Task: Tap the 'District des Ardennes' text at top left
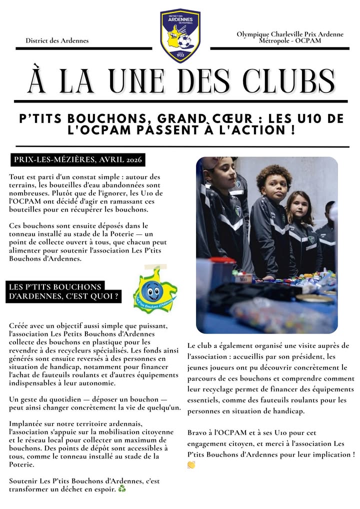(x=57, y=40)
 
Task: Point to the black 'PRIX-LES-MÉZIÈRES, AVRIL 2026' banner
(x=78, y=160)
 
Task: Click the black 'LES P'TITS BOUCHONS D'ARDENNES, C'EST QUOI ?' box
(x=63, y=291)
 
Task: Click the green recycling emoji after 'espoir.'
(x=122, y=488)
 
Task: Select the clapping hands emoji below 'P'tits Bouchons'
(x=191, y=464)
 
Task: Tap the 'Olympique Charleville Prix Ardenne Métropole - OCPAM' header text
(x=290, y=37)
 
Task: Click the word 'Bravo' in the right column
(x=197, y=432)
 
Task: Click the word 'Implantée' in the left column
(x=25, y=424)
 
